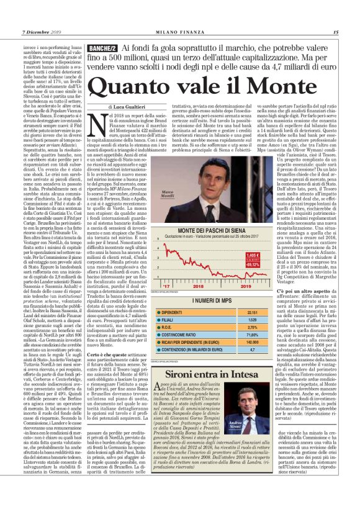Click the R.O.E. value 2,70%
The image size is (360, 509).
[252, 328]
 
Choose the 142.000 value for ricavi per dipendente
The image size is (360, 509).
[252, 343]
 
